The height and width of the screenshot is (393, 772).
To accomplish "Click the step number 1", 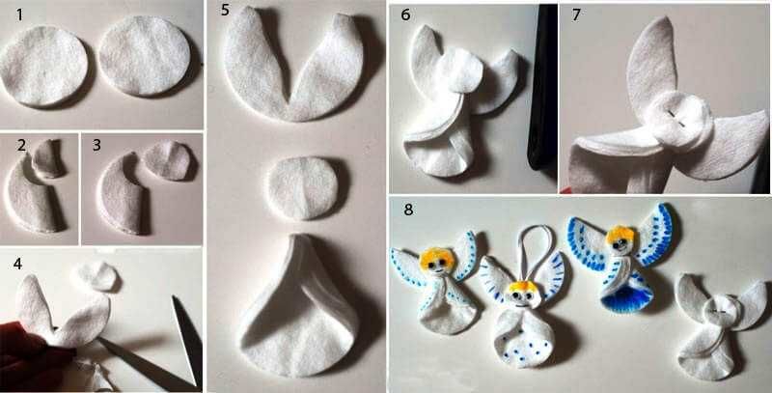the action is pos(19,15).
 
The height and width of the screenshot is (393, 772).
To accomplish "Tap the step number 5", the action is pos(225,10).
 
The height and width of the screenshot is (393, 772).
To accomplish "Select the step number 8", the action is pos(407,210).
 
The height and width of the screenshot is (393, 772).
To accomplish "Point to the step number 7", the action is pos(575,15).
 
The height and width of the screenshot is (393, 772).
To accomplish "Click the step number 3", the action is pos(96,146).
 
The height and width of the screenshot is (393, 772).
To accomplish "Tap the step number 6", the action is pos(405,15).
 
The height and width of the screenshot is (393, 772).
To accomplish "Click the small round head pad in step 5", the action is pos(303,187).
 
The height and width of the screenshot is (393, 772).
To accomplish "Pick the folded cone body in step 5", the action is pos(299,305).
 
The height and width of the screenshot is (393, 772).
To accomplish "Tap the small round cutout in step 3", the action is pos(168,160).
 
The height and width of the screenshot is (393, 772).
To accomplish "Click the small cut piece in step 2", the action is pos(47,157).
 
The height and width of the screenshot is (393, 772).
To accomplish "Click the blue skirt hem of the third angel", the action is pos(625,298).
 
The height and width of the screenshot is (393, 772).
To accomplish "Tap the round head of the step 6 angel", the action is pos(460,70).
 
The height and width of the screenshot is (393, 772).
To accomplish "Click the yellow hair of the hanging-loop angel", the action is pos(519,286).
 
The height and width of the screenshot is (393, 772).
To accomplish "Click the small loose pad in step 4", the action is pos(95,276).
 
